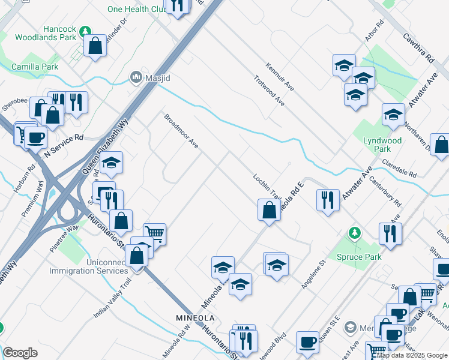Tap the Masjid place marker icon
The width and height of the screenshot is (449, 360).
(x=136, y=77)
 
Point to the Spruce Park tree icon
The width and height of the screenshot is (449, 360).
(x=355, y=233)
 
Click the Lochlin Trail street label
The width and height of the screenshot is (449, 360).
(x=267, y=187)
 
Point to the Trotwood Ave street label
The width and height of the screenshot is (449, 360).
(x=268, y=91)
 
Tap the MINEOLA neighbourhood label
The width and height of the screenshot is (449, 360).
(x=194, y=317)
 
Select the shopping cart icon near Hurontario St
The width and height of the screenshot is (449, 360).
(x=155, y=233)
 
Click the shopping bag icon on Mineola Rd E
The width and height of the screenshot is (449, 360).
(x=268, y=209)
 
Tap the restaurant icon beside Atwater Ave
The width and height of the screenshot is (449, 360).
(x=327, y=200)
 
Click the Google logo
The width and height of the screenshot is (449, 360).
(x=20, y=352)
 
